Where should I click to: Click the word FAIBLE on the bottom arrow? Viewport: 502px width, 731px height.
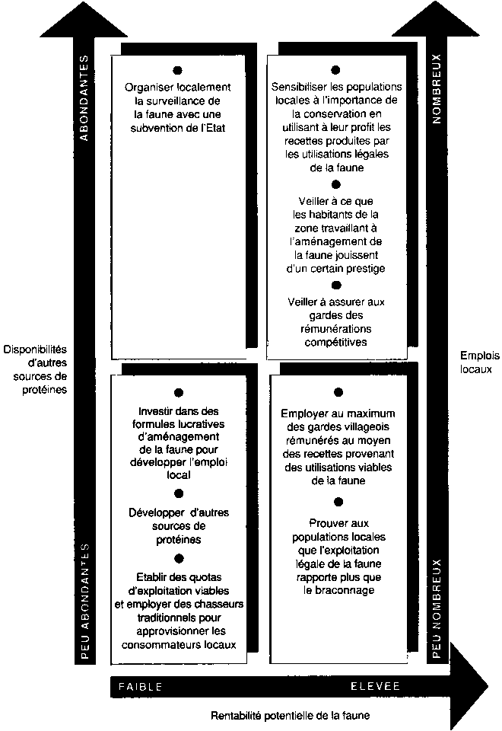click(141, 686)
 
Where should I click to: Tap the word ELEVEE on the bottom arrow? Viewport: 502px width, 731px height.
click(375, 686)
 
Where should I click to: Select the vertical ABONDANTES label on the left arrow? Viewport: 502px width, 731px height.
click(85, 98)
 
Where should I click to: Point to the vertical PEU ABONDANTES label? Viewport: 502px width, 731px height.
click(85, 597)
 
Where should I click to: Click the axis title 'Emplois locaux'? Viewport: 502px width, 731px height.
click(476, 362)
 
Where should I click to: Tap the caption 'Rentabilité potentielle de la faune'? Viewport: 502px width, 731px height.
click(292, 716)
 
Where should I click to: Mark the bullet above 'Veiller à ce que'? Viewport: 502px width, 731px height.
click(336, 184)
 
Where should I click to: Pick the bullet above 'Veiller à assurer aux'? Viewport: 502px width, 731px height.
click(336, 285)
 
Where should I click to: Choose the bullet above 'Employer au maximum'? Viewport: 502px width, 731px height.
click(338, 392)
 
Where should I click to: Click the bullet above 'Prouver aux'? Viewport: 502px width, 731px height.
click(338, 502)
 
